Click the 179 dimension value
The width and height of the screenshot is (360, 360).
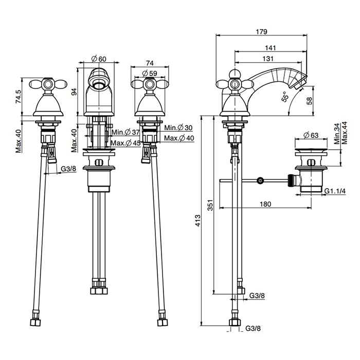(x=261, y=32)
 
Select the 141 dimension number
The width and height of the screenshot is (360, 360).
(x=271, y=48)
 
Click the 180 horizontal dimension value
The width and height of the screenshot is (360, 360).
(x=265, y=204)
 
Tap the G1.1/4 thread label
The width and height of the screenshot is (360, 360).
(x=334, y=191)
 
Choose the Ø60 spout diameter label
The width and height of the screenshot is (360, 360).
(x=99, y=59)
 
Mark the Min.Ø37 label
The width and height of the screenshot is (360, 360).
(x=125, y=133)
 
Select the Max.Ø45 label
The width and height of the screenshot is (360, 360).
(x=125, y=142)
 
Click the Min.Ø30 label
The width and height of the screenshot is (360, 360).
(x=178, y=128)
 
